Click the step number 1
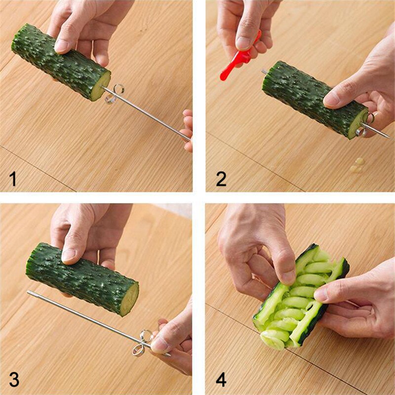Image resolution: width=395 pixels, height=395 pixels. pyautogui.click(x=13, y=178)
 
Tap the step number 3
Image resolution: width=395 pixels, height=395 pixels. pyautogui.click(x=14, y=379)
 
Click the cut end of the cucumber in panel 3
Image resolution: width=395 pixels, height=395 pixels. pyautogui.click(x=130, y=298)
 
